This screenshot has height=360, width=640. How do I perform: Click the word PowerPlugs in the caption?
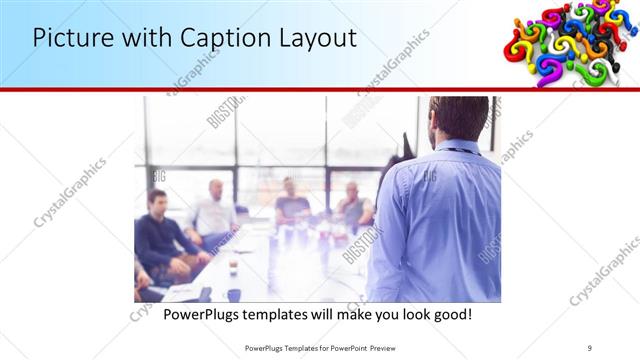[x=203, y=315]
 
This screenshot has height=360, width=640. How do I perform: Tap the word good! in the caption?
[x=451, y=315]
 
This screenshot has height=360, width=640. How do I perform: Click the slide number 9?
[x=590, y=348]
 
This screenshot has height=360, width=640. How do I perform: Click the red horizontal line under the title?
[x=320, y=89]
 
